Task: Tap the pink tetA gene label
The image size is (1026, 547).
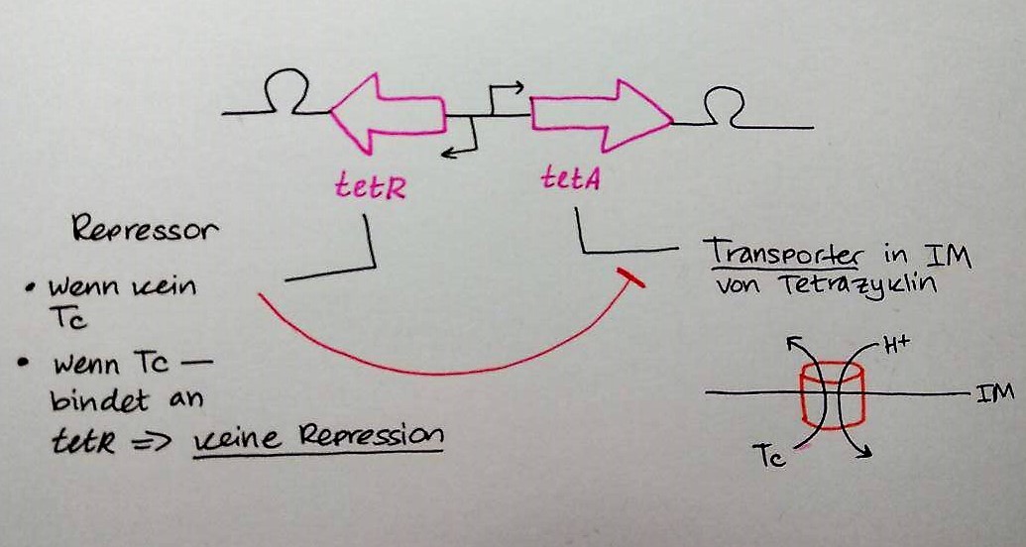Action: tap(568, 178)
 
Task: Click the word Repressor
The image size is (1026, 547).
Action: tap(145, 230)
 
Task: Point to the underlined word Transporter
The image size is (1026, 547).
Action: tap(779, 252)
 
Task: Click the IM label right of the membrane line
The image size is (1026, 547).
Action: tap(994, 393)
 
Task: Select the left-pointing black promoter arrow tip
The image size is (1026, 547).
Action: tap(445, 152)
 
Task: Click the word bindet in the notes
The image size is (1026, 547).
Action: tap(100, 401)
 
